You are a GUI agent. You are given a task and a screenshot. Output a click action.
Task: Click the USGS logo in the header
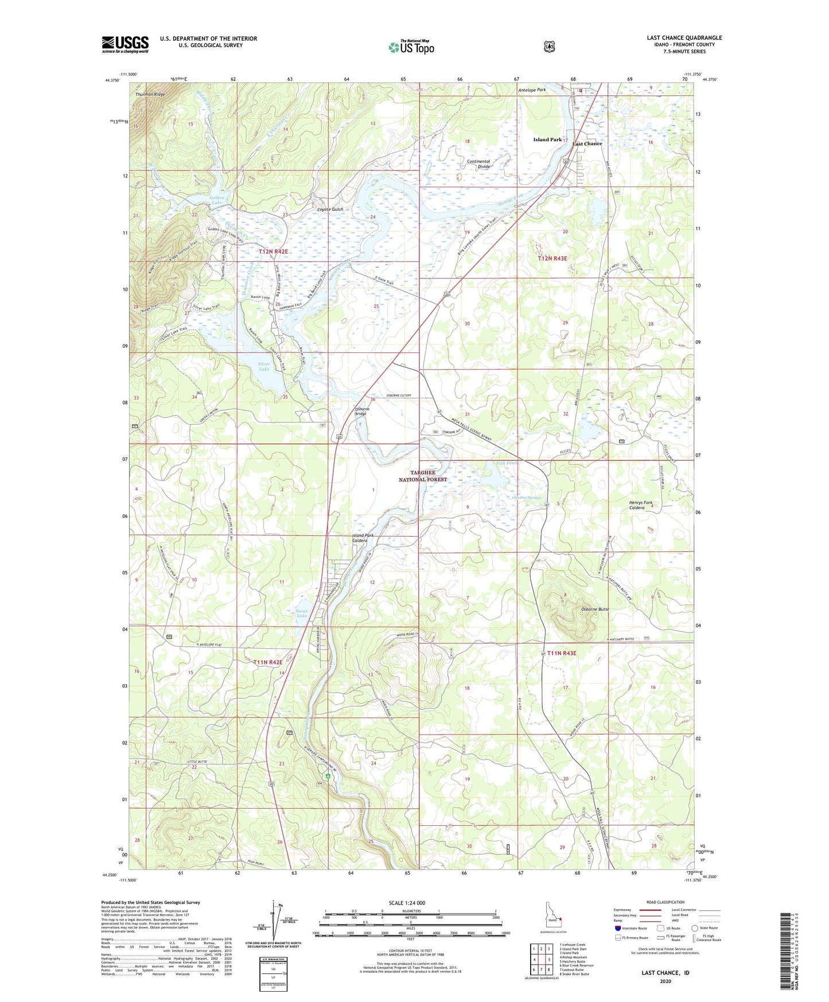point(125,44)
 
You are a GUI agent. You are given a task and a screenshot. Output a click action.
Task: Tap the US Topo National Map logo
point(411,47)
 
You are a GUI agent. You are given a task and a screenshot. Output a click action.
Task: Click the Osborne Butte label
point(595,609)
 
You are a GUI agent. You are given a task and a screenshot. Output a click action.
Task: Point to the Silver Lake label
point(264,366)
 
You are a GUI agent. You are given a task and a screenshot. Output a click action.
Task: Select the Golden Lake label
point(216,200)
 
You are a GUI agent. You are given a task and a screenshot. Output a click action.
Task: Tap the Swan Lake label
point(302,613)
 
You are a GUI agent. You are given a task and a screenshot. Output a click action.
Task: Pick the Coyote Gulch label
point(330,209)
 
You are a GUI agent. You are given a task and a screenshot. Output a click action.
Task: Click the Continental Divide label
point(478,164)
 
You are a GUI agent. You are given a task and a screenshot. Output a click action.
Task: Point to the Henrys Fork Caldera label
point(640,505)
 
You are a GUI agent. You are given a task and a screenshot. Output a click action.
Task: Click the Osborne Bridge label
point(360,411)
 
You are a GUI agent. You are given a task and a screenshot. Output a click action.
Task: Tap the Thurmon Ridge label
point(150,94)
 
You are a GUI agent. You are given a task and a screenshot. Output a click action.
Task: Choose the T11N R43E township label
point(561,653)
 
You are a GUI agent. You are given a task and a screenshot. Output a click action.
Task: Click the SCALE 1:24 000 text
point(407,903)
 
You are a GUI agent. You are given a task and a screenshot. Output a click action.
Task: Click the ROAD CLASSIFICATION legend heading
point(665,902)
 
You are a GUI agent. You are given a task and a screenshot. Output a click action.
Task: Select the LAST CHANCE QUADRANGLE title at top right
point(684,38)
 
